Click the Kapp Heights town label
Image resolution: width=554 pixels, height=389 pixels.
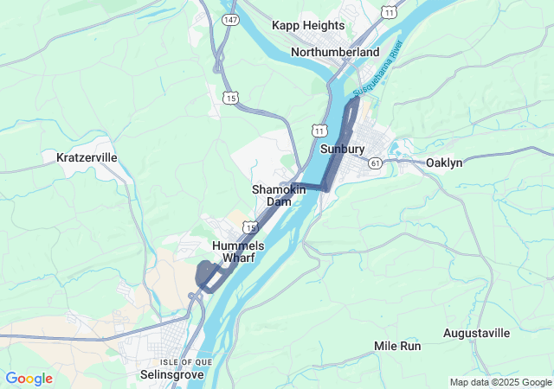(x=308, y=26)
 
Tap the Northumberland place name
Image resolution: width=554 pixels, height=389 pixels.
(x=335, y=52)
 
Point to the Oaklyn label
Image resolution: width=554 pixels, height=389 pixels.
(x=444, y=163)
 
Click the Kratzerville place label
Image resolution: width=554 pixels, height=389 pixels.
(x=87, y=157)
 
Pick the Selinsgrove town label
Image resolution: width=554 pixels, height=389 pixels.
(x=171, y=375)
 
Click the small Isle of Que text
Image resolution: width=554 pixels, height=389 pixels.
(x=180, y=361)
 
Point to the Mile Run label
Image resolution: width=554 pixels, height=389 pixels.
(x=397, y=346)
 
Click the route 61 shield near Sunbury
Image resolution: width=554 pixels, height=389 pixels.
(x=374, y=162)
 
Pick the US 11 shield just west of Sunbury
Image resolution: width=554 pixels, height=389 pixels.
(x=320, y=130)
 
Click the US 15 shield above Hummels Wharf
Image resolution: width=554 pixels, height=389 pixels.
(x=249, y=226)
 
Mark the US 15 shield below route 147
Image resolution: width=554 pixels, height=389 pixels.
(x=230, y=98)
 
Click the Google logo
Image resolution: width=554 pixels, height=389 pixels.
(x=29, y=379)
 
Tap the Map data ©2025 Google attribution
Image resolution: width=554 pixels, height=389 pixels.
(x=499, y=382)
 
